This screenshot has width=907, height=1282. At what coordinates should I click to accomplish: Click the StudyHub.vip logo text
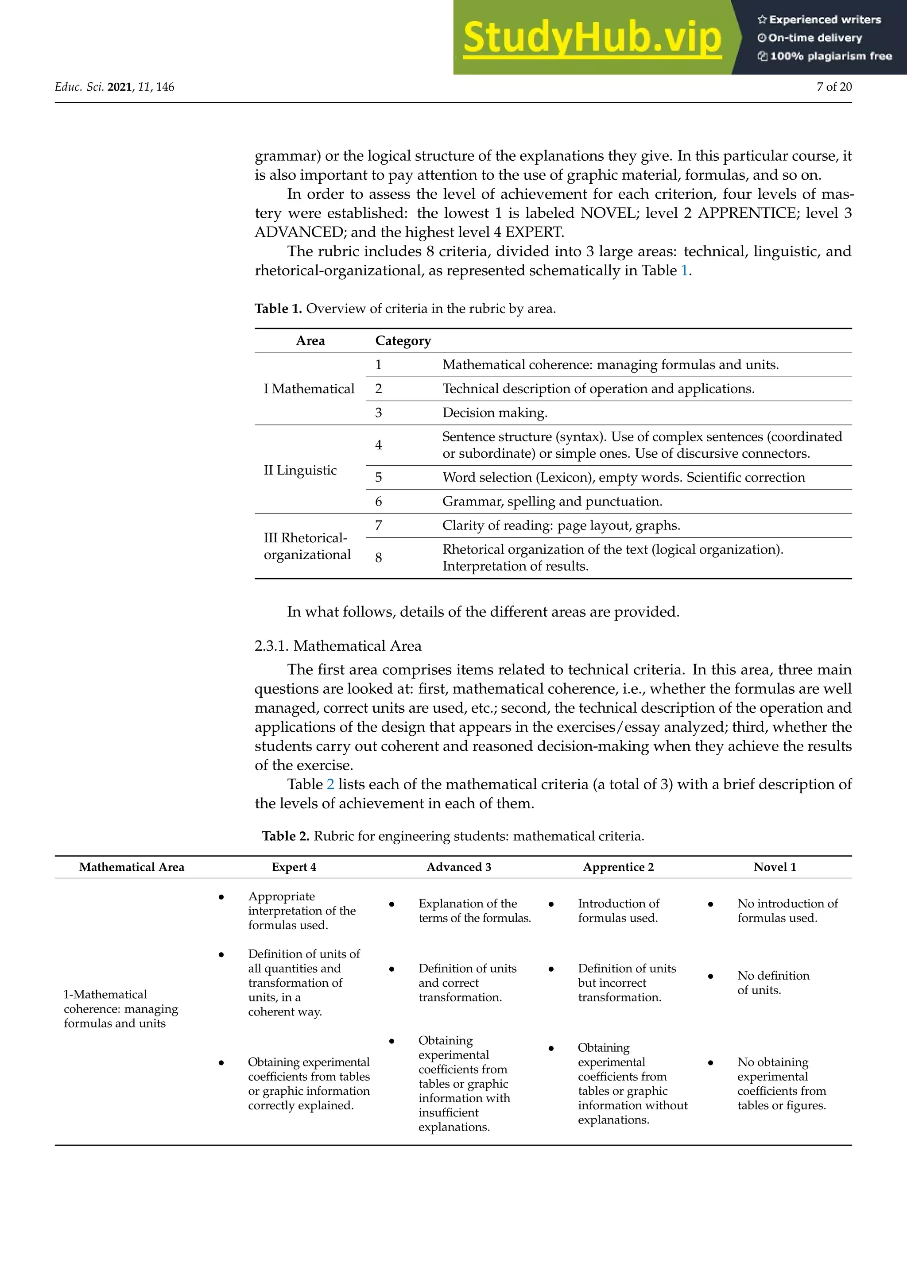click(x=592, y=38)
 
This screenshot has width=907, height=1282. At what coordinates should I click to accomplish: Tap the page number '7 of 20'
click(x=834, y=87)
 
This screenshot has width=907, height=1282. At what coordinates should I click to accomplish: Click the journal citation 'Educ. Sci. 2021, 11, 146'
click(x=115, y=87)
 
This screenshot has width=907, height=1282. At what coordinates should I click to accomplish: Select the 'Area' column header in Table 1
click(x=310, y=340)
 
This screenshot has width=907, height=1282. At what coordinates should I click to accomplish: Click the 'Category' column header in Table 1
click(x=403, y=340)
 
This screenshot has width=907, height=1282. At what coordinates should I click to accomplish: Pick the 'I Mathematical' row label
click(x=309, y=389)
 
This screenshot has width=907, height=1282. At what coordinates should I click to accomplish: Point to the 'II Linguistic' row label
click(x=300, y=470)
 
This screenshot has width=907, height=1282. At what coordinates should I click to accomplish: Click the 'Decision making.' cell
click(x=495, y=413)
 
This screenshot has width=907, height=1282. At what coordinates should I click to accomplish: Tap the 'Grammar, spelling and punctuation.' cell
click(x=552, y=502)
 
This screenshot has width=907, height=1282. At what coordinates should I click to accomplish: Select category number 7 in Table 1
click(x=379, y=525)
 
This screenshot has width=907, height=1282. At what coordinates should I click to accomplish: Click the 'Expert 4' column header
click(x=294, y=867)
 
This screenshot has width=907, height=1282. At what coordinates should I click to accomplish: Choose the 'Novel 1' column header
click(x=775, y=867)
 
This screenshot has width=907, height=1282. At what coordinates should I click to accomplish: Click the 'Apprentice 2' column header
click(x=618, y=867)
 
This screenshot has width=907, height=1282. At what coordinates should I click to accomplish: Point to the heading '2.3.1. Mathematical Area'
click(x=338, y=646)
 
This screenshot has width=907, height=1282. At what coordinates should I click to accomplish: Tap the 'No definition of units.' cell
click(x=772, y=983)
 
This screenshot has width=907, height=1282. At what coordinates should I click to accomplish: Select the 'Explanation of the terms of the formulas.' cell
click(x=474, y=911)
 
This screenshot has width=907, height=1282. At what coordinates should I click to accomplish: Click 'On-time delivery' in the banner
click(x=815, y=38)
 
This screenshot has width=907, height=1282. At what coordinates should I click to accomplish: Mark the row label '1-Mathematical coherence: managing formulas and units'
click(x=120, y=1009)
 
